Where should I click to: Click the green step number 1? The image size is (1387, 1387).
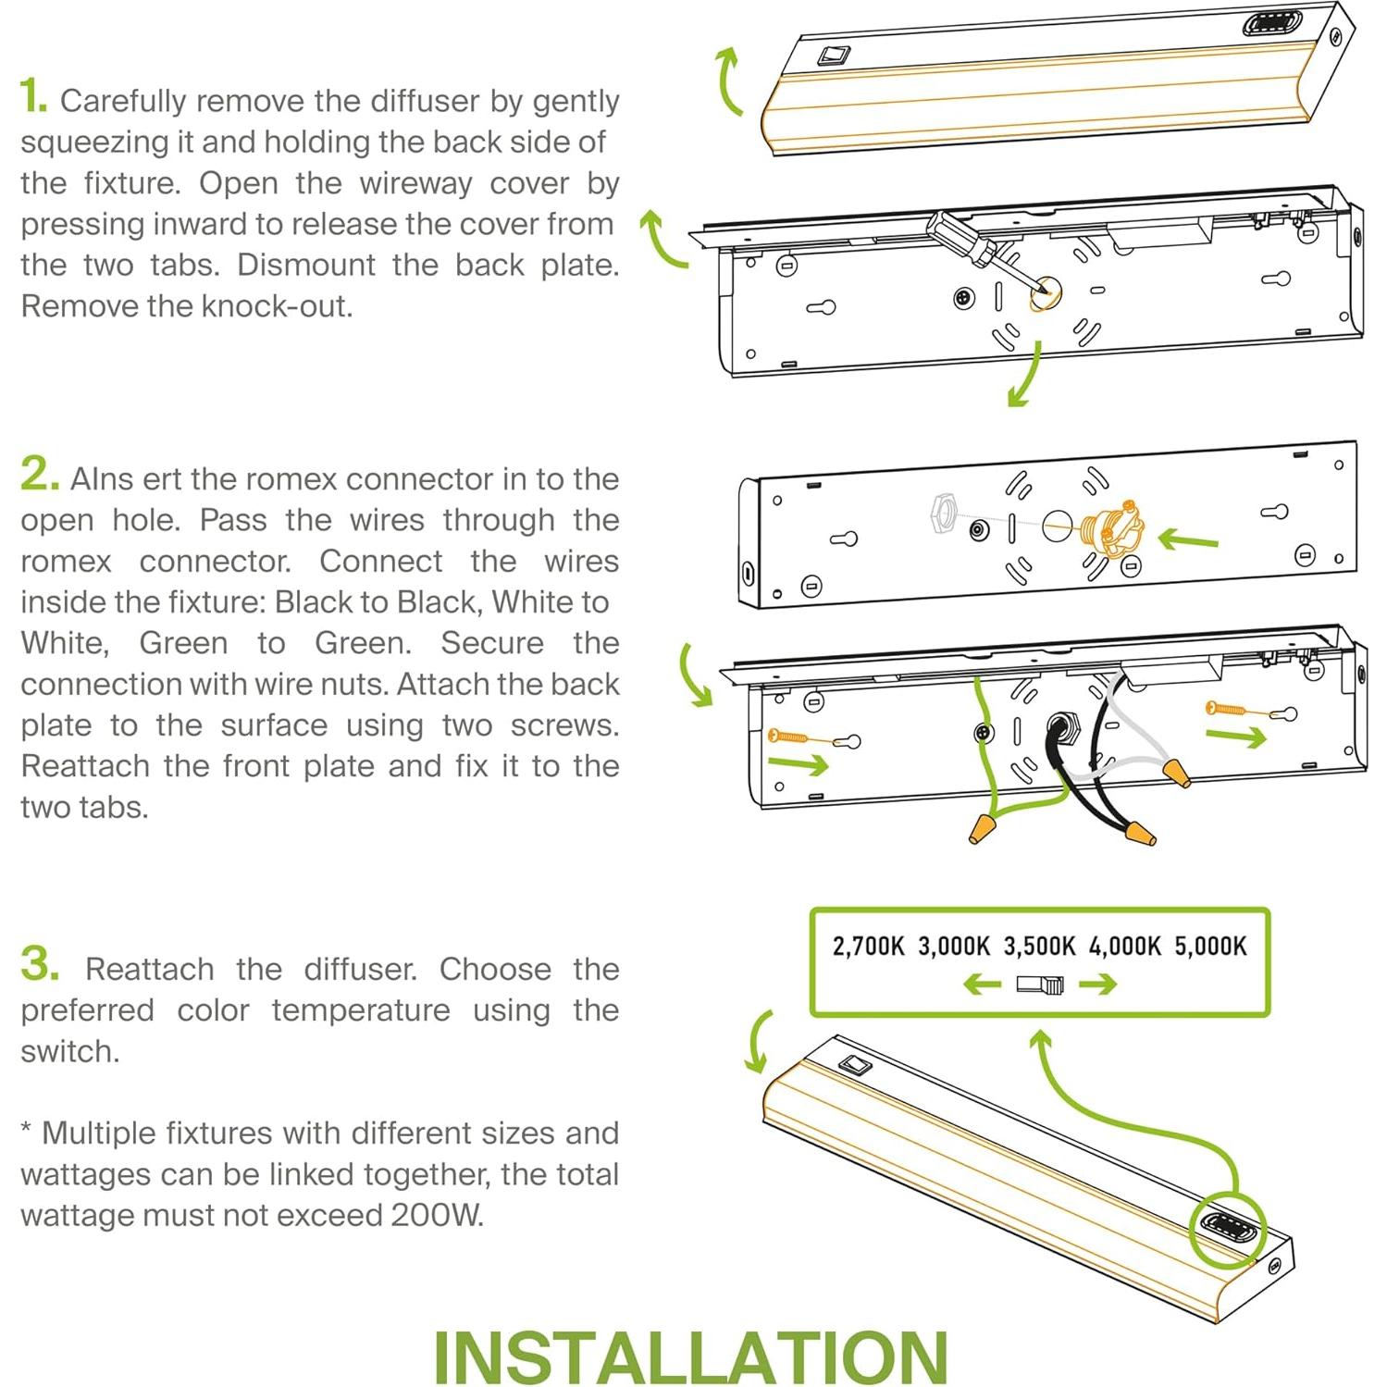click(x=32, y=96)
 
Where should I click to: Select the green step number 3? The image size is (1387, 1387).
click(x=40, y=964)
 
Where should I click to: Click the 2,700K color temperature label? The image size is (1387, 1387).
click(x=868, y=946)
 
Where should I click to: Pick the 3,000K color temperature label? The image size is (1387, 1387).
click(x=953, y=946)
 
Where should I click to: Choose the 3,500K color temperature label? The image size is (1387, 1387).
click(x=1039, y=946)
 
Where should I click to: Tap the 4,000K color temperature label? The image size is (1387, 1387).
click(x=1124, y=946)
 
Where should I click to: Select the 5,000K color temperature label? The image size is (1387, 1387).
click(x=1210, y=946)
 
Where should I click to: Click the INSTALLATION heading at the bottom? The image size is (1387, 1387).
click(x=690, y=1356)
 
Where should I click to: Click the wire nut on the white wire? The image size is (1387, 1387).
click(x=1177, y=772)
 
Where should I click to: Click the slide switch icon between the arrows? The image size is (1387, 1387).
click(x=1040, y=985)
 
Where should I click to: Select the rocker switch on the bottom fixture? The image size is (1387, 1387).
click(x=856, y=1065)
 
